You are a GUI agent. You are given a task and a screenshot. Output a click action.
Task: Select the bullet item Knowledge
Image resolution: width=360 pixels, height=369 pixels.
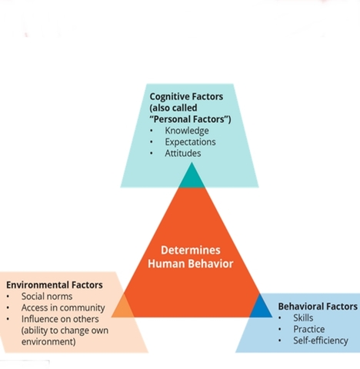186,131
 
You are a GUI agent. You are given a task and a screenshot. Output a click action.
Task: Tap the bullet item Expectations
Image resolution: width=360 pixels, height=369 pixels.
190,142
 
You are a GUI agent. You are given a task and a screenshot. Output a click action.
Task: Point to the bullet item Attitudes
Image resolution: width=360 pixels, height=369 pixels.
183,153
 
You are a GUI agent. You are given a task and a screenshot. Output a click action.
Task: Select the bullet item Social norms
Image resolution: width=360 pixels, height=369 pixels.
47,297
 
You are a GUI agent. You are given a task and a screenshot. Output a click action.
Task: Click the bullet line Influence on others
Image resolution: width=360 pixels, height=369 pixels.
58,319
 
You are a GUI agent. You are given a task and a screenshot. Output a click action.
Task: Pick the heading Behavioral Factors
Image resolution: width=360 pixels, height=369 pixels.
318,306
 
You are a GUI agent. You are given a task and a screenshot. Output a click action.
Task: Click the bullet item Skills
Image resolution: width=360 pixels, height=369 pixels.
303,317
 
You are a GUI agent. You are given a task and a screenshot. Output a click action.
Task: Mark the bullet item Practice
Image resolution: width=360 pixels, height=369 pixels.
308,329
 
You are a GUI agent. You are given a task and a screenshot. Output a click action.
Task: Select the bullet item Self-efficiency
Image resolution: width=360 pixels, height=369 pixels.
320,341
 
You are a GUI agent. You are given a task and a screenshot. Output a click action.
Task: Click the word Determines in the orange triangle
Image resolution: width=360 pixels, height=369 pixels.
190,250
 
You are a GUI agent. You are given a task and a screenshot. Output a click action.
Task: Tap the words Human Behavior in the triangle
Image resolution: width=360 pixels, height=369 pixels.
190,264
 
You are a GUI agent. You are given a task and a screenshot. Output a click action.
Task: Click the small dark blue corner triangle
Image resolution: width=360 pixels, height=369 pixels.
262,307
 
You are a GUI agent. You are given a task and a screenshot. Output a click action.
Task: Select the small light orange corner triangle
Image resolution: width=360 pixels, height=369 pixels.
122,307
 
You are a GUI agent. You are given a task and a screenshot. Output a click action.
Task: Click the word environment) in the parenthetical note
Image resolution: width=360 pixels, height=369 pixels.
48,341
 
